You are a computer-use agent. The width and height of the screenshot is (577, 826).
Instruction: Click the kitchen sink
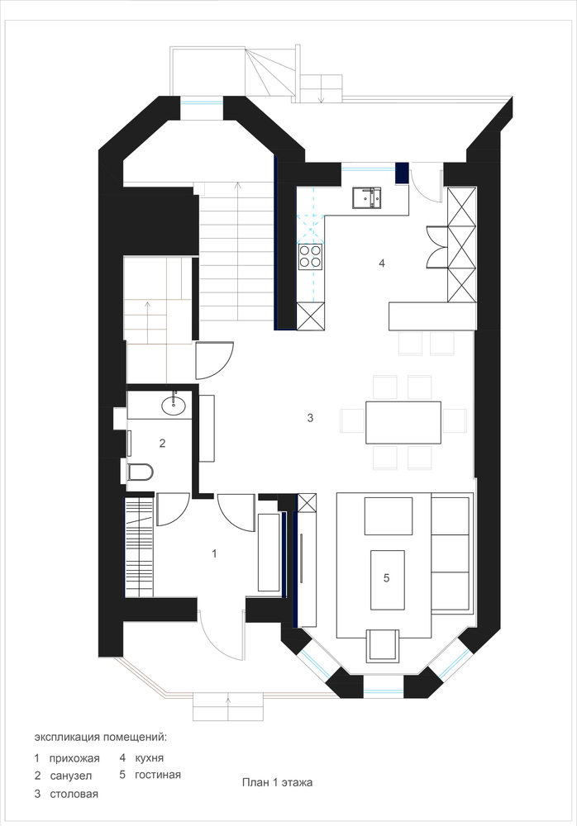click(366, 197)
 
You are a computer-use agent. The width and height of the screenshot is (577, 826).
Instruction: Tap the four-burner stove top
click(310, 257)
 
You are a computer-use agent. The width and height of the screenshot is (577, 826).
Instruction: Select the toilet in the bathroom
click(140, 472)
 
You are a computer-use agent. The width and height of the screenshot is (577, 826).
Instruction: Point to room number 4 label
click(382, 263)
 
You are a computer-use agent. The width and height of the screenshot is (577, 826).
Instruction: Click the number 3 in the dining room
click(310, 418)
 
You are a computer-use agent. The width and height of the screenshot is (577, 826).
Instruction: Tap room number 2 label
click(163, 443)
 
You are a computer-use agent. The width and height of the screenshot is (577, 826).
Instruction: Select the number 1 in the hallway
click(214, 553)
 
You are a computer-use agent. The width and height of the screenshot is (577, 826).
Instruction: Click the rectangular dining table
click(403, 422)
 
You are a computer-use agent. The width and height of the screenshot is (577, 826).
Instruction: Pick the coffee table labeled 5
click(388, 580)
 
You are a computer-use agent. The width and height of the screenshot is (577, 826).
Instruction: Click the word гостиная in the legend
click(158, 775)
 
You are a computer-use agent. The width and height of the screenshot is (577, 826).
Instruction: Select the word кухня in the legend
click(150, 758)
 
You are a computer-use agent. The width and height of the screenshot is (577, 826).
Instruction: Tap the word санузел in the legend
click(70, 776)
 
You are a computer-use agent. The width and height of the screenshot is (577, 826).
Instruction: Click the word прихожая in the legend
click(74, 758)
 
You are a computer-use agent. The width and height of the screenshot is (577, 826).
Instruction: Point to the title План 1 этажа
click(277, 782)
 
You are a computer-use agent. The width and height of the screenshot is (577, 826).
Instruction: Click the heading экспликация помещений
click(100, 737)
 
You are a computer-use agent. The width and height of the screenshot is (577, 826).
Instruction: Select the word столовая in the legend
click(74, 794)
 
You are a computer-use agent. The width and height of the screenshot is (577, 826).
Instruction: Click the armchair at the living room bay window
click(384, 645)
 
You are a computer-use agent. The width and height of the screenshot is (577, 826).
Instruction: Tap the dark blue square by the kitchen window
click(402, 173)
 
